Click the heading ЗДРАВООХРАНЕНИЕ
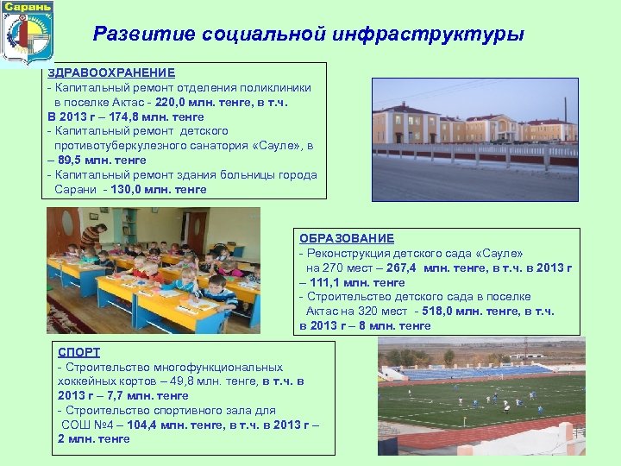pyautogui.click(x=111, y=72)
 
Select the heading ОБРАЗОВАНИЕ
pyautogui.click(x=347, y=238)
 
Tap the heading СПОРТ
pyautogui.click(x=78, y=352)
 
